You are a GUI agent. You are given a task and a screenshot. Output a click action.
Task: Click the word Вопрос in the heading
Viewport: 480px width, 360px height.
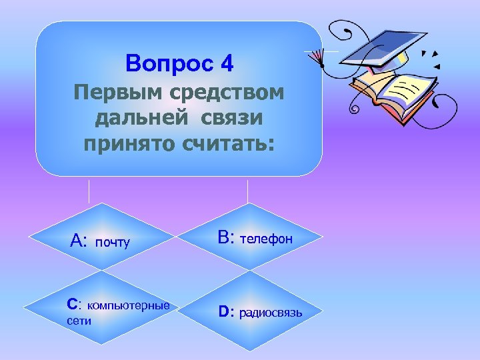click(x=167, y=65)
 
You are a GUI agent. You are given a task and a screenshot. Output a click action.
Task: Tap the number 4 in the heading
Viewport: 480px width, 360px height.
click(x=226, y=64)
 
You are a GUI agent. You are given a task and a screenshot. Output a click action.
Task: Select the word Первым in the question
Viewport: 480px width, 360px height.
click(x=107, y=93)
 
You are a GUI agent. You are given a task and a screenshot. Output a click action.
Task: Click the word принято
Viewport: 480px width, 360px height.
click(x=121, y=143)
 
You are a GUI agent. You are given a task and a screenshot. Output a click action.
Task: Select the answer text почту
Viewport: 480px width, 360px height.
click(x=113, y=242)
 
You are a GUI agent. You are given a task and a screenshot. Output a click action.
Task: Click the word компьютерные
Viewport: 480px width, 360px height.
click(x=128, y=305)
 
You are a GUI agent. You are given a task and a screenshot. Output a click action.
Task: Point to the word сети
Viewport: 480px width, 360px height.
click(x=79, y=320)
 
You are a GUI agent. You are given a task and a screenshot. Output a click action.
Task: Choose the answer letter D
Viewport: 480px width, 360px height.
click(x=224, y=311)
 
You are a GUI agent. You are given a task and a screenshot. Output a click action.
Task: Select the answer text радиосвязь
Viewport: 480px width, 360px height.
click(x=270, y=312)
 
